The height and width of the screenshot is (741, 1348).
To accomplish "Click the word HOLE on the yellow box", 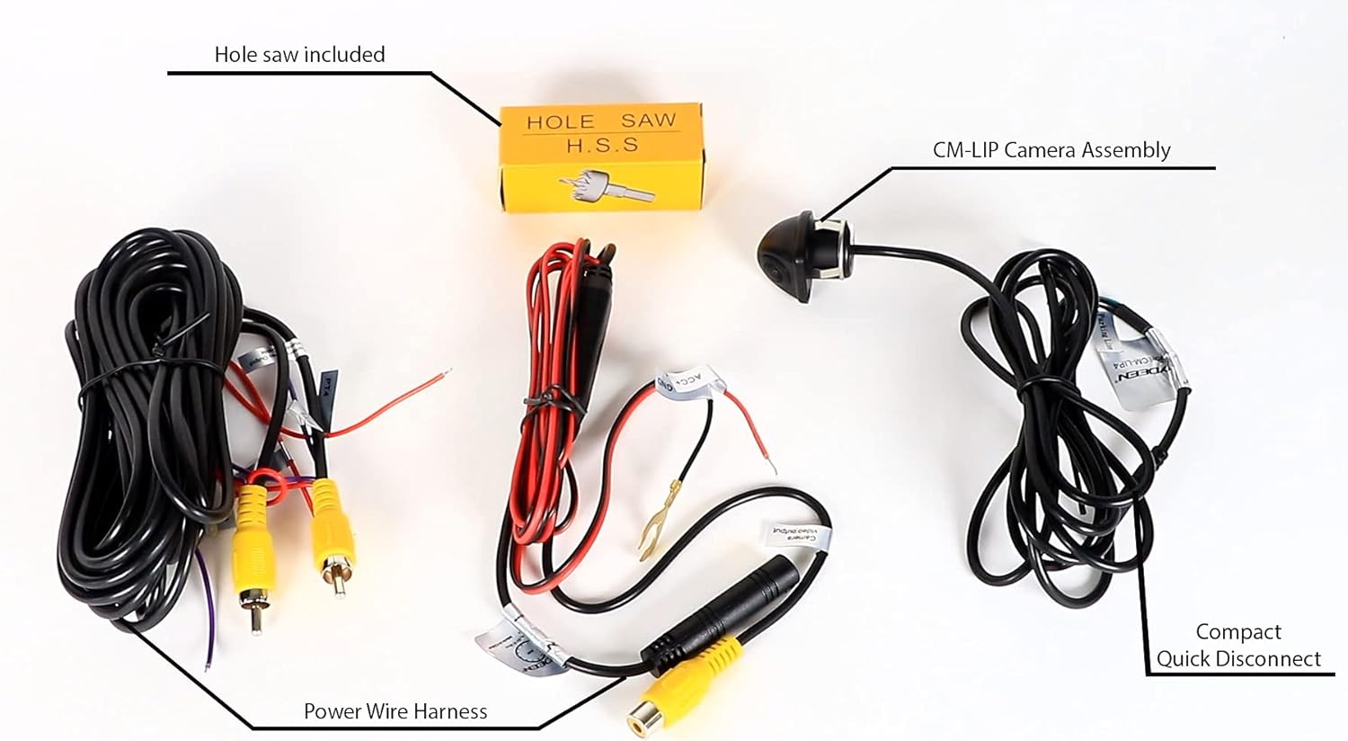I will tap(560, 121).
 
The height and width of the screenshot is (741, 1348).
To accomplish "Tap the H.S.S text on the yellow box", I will tap(602, 144).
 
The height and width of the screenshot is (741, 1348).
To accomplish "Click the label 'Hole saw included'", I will tap(299, 55).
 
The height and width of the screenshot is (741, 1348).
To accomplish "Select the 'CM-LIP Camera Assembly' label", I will tap(1051, 150).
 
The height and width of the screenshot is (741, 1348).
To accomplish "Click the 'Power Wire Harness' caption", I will tap(395, 711).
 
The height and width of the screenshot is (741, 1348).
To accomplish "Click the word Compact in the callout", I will tap(1238, 632).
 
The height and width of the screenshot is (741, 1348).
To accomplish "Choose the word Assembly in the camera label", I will tap(1126, 150).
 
